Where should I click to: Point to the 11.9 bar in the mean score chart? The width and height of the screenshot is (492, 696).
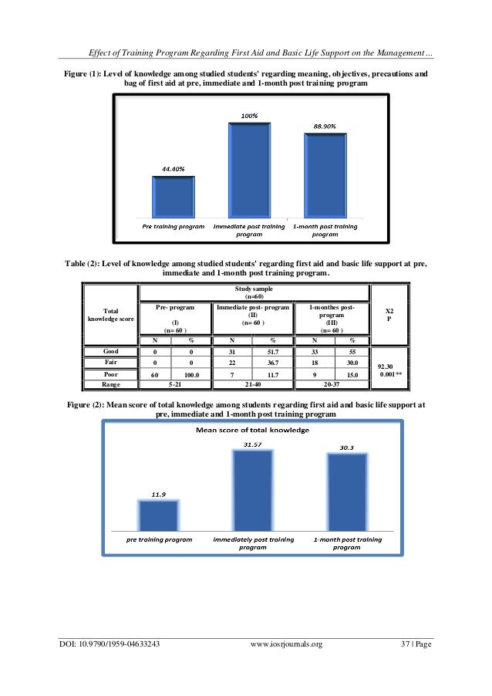[x=159, y=515]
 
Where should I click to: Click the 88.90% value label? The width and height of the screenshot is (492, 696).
[x=324, y=125]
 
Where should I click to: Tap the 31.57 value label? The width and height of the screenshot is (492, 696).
[x=253, y=444]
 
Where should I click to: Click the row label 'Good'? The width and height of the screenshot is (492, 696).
[x=110, y=351]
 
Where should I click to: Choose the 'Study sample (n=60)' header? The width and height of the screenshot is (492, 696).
[x=254, y=291]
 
